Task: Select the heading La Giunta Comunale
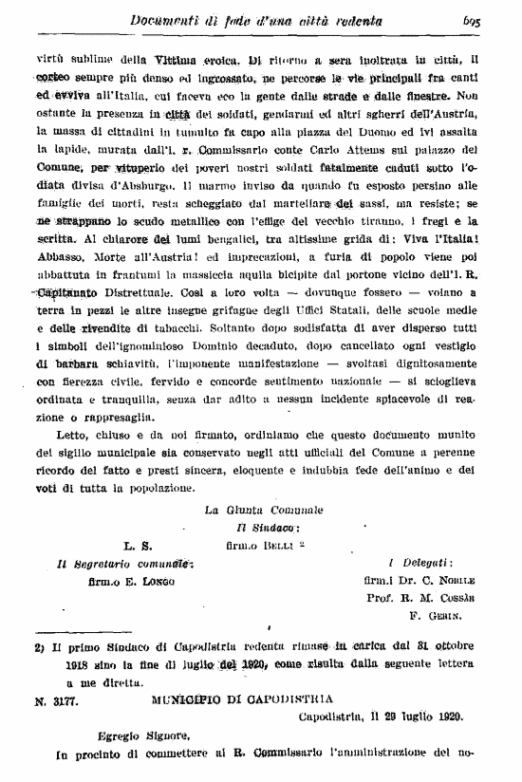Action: coord(264,511)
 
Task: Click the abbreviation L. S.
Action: coord(138,546)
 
